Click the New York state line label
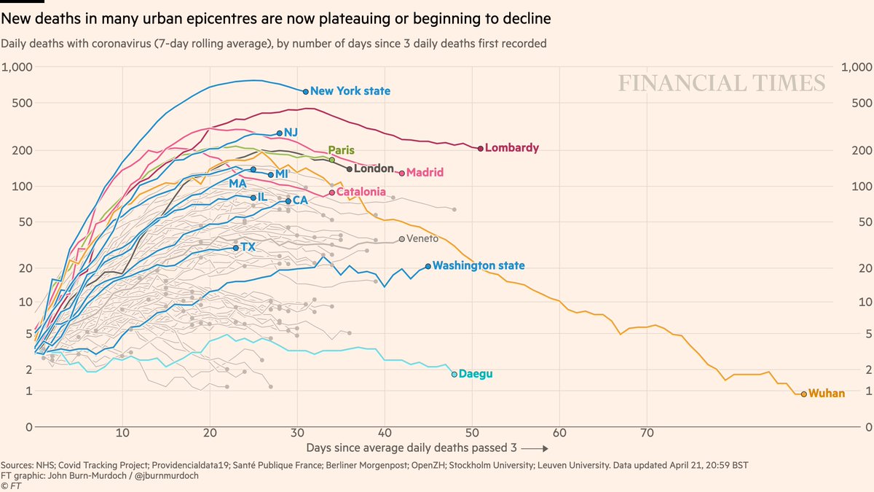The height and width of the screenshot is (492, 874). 350,91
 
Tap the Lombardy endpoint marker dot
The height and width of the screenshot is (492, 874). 480,148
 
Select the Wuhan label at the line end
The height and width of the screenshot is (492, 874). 827,394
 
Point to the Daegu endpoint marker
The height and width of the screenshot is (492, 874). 454,374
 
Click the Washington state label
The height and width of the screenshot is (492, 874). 478,266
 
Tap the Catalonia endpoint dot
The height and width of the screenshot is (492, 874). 331,192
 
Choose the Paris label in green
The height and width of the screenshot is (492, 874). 341,150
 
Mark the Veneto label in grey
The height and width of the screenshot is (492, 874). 422,239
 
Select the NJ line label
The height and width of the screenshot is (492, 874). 291,132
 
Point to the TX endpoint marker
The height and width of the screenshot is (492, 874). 235,248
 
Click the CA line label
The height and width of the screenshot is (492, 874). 299,200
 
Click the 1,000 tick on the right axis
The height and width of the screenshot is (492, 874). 857,67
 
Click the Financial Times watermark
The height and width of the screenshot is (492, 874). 722,83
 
